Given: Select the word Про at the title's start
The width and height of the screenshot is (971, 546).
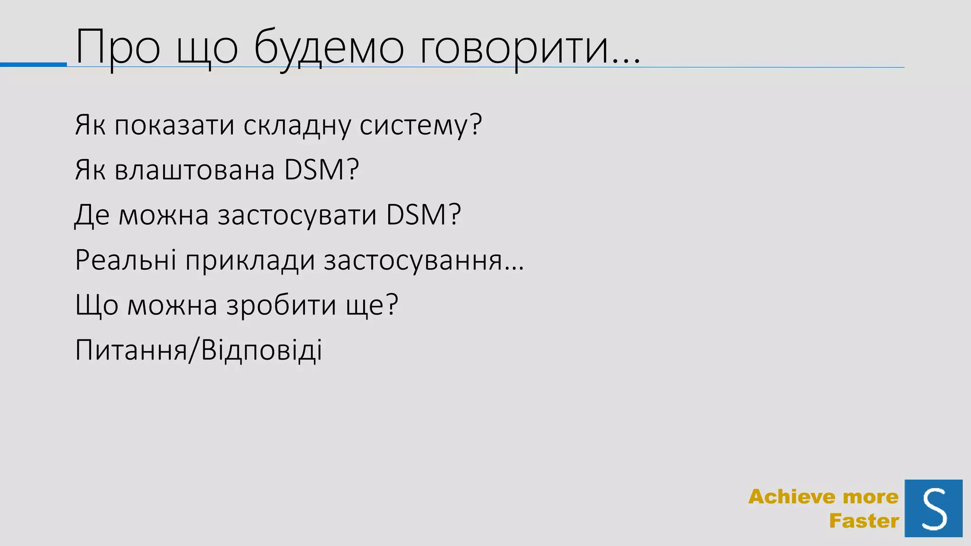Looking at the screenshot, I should [118, 47].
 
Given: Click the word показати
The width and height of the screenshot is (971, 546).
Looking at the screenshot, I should [174, 125].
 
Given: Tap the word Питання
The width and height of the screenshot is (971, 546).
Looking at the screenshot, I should [131, 350].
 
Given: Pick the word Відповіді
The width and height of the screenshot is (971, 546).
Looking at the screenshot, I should [261, 350].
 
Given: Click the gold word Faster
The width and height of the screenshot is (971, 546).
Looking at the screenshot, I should [864, 521].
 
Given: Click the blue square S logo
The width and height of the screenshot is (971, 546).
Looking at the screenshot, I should [933, 508].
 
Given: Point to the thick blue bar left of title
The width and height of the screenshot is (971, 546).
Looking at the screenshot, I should [33, 64].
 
